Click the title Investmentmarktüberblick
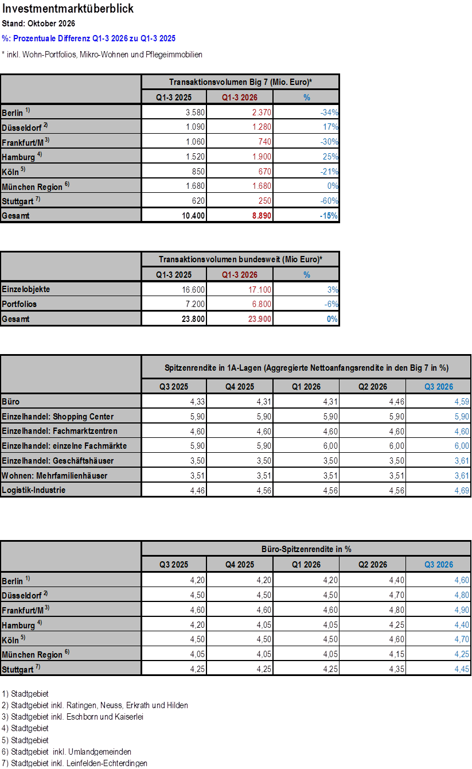pyautogui.click(x=68, y=9)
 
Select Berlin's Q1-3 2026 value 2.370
pyautogui.click(x=262, y=112)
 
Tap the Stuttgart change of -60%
pyautogui.click(x=329, y=201)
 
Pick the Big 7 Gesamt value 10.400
pyautogui.click(x=193, y=216)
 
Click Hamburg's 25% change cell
pyautogui.click(x=330, y=157)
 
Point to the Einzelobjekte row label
pyautogui.click(x=26, y=289)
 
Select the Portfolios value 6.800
pyautogui.click(x=262, y=304)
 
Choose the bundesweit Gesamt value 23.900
pyautogui.click(x=260, y=319)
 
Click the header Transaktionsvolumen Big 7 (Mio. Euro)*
pyautogui.click(x=240, y=82)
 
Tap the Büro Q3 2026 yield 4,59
pyautogui.click(x=462, y=402)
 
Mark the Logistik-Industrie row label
pyautogui.click(x=34, y=490)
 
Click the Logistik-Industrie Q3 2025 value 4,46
pyautogui.click(x=197, y=491)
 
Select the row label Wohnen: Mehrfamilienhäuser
pyautogui.click(x=54, y=476)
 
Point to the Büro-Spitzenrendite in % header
pyautogui.click(x=306, y=549)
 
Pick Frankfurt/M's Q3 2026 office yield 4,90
pyautogui.click(x=462, y=610)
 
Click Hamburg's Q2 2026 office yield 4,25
pyautogui.click(x=397, y=625)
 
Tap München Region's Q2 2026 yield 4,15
pyautogui.click(x=397, y=654)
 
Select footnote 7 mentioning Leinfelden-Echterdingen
pyautogui.click(x=75, y=763)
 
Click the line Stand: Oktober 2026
pyautogui.click(x=38, y=24)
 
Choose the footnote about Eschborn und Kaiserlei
pyautogui.click(x=72, y=717)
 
